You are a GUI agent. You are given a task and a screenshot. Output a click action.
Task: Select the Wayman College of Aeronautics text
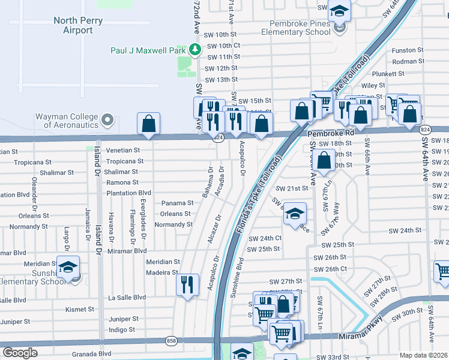click(x=58, y=121)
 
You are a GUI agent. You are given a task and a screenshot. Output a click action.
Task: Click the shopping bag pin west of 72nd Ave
click(x=148, y=124)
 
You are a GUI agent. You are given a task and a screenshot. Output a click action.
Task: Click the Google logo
click(x=20, y=353)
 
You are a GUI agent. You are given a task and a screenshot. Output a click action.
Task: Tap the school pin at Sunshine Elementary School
click(x=68, y=266)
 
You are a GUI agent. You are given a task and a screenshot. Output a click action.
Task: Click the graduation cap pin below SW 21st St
click(x=295, y=214)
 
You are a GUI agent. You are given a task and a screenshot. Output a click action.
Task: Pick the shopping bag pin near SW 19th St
click(x=324, y=160)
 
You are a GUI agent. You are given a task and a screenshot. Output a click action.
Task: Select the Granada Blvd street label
click(x=91, y=354)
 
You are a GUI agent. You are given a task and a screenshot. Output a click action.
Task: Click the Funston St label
click(x=407, y=50)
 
